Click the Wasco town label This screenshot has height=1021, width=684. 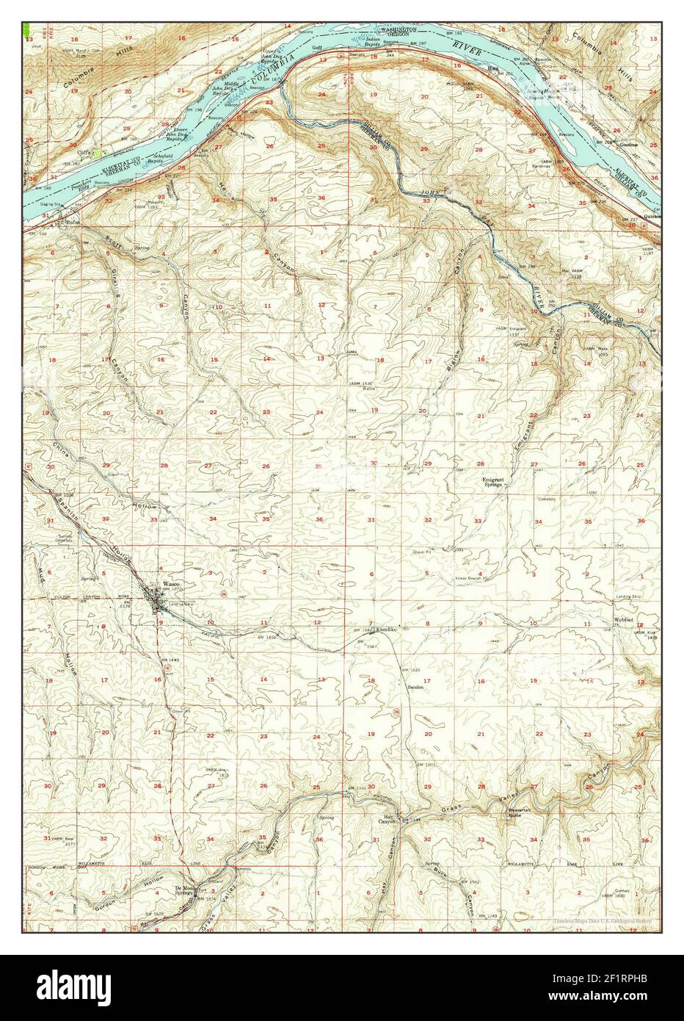[x=161, y=583]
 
